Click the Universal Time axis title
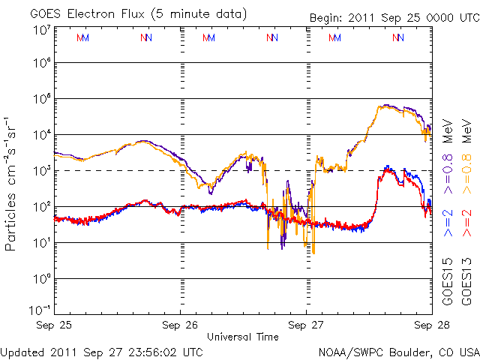click(243, 337)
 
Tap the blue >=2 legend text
click(447, 223)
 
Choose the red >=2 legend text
click(466, 223)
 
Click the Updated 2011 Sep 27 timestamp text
click(101, 351)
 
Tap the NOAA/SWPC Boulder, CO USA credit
click(397, 351)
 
